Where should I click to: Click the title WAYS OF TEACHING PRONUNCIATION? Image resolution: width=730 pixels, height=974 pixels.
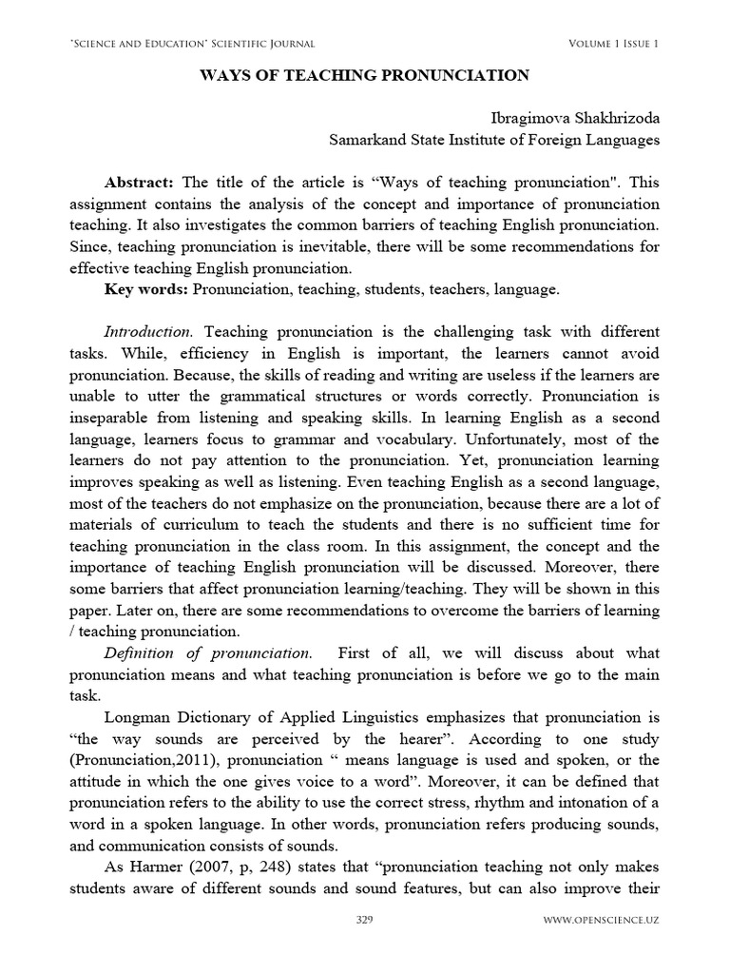point(364,75)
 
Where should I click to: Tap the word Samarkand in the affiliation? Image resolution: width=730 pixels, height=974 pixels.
point(367,140)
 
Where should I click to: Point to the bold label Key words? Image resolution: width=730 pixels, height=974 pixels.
point(144,288)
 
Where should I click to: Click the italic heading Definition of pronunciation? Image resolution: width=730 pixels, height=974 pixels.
point(207,653)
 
